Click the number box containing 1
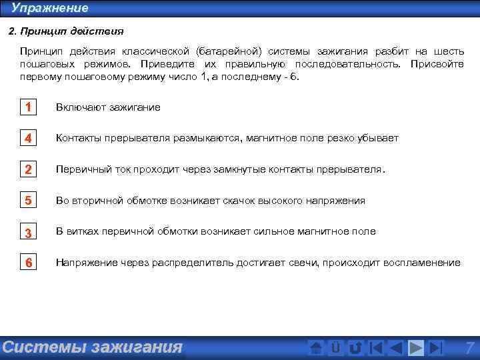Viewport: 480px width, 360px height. pos(29,107)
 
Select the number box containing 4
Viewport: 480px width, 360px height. pos(29,139)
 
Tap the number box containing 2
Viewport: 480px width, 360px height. pos(29,169)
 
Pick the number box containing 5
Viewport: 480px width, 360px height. pos(29,201)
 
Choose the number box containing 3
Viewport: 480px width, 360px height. pos(29,232)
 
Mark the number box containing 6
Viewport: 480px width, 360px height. pos(29,263)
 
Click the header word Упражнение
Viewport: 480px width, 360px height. pos(49,8)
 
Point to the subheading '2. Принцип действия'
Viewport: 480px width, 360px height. pos(65,31)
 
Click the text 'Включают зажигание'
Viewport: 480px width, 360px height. pos(108,107)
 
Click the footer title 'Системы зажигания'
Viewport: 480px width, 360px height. pos(92,347)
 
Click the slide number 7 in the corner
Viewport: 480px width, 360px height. pos(469,347)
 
